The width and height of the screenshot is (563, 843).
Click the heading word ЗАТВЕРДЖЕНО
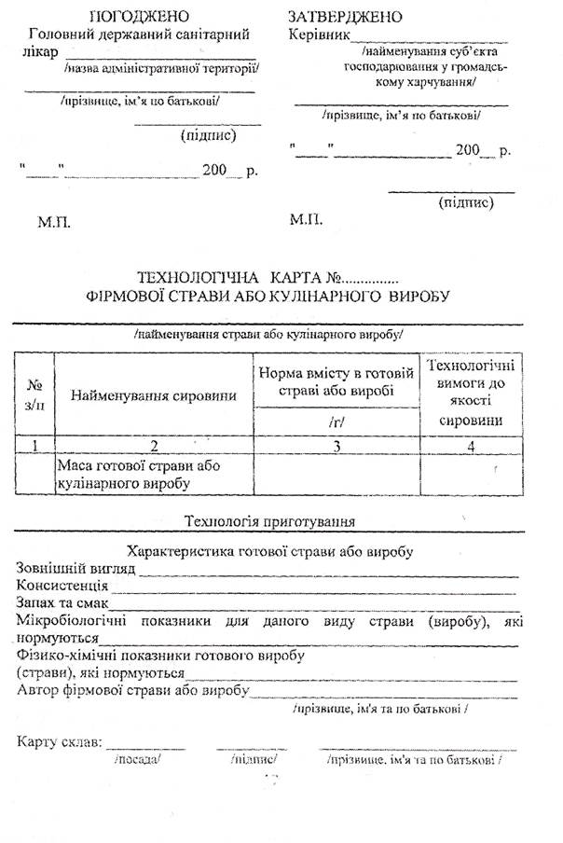[346, 17]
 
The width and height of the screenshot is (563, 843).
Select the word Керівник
[320, 35]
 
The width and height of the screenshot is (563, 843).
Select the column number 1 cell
[34, 445]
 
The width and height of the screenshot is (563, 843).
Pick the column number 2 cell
[154, 445]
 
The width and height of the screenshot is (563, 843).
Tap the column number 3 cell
[337, 445]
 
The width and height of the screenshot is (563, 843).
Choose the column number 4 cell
[471, 445]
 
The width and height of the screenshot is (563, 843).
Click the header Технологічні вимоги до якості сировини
[471, 392]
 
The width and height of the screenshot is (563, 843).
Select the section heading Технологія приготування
[270, 520]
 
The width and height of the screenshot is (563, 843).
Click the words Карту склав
[60, 743]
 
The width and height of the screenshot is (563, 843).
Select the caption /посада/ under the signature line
[138, 760]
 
